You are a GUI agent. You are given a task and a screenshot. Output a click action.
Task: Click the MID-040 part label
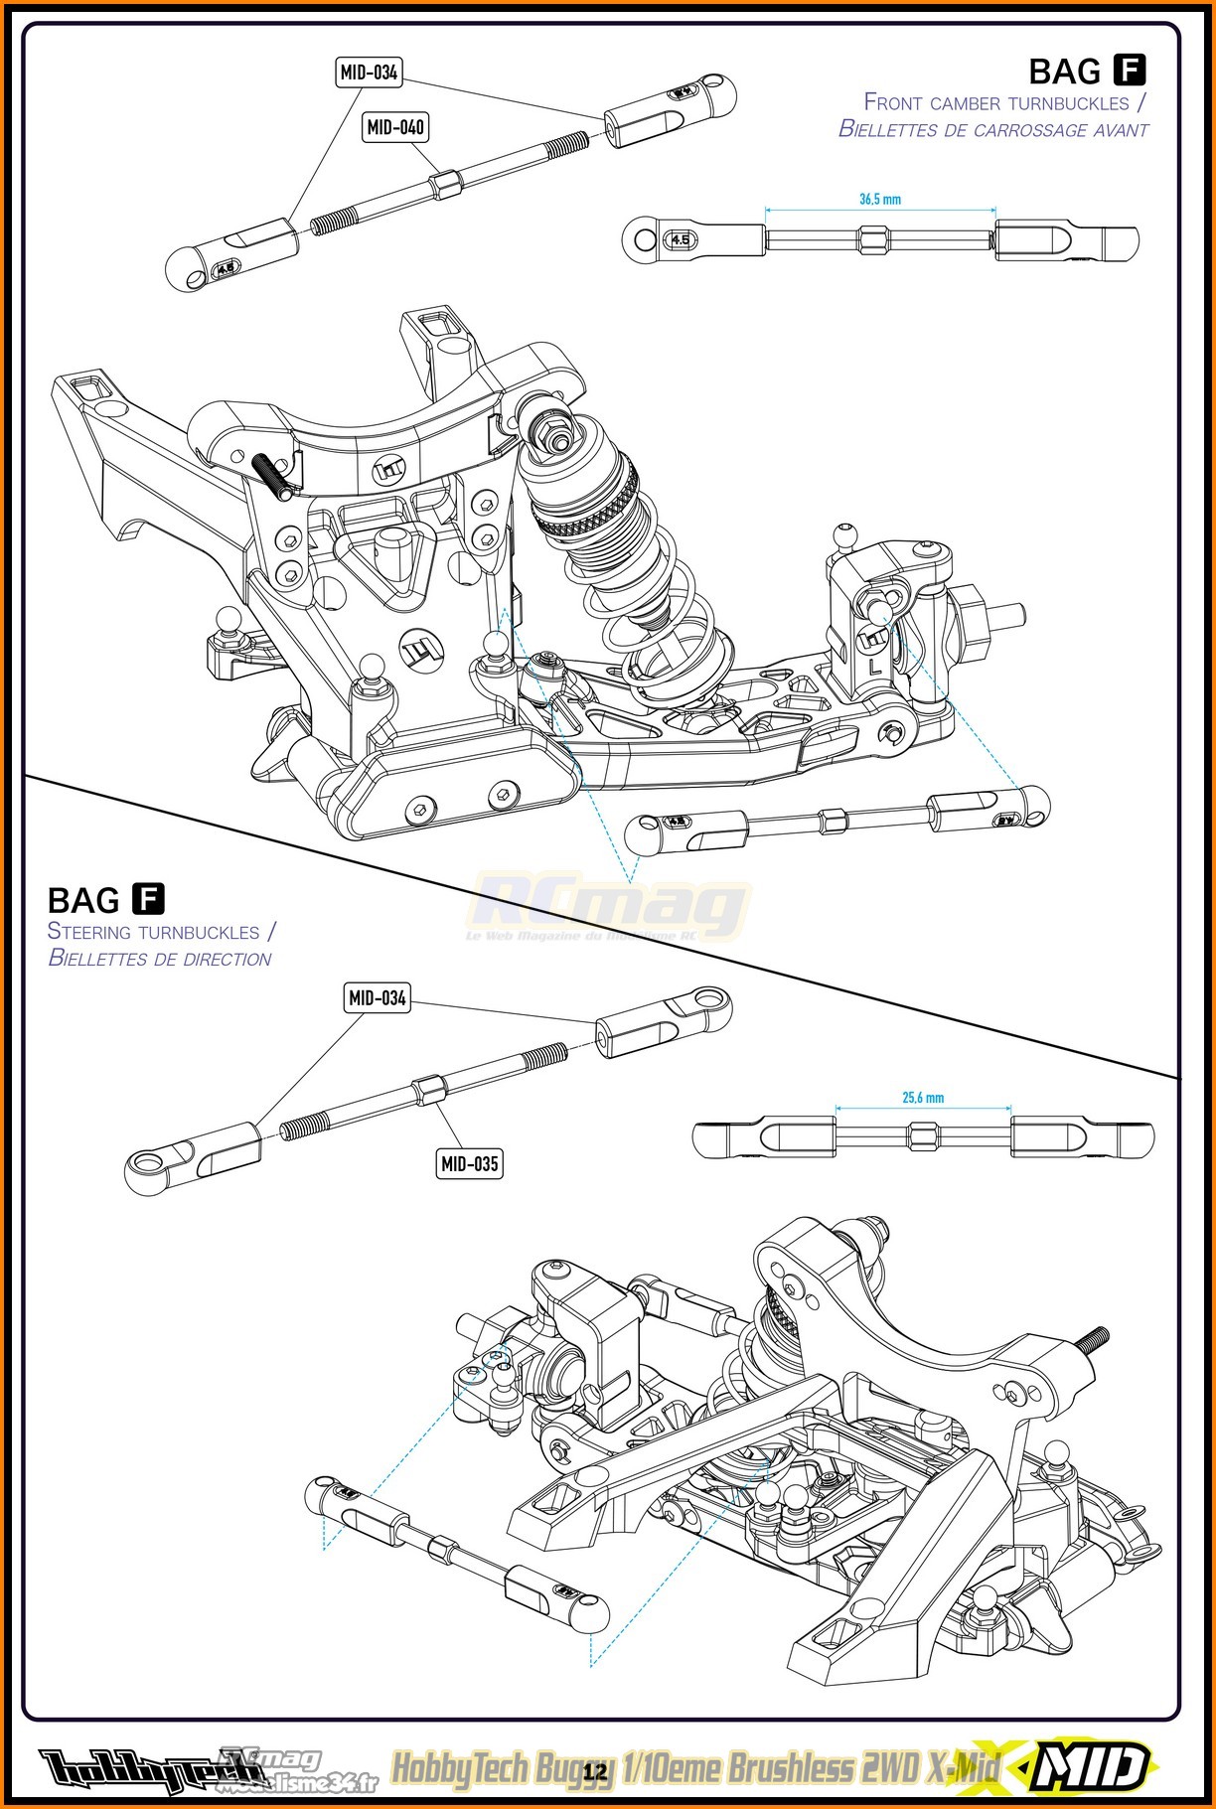(x=395, y=127)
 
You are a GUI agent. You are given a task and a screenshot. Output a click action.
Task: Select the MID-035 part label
(x=469, y=1162)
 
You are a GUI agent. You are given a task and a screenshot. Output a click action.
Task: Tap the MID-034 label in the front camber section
(x=369, y=73)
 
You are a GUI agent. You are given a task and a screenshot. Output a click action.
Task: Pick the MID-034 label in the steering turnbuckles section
(x=378, y=997)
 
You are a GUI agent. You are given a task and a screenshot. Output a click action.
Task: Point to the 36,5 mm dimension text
(x=880, y=199)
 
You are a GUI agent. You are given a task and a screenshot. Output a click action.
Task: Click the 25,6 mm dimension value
(x=923, y=1098)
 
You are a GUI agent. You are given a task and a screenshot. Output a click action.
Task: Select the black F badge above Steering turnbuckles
(x=148, y=899)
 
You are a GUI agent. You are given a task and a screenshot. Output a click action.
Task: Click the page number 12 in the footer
(x=595, y=1771)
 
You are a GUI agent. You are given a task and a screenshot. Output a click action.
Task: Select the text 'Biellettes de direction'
(x=160, y=959)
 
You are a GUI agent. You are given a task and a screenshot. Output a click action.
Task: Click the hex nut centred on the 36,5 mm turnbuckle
(x=877, y=239)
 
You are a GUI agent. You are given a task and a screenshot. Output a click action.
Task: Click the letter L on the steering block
(x=874, y=669)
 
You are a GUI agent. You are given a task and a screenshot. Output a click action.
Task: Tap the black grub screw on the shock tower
(x=274, y=476)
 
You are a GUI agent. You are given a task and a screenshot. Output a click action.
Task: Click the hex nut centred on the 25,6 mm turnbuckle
(x=921, y=1134)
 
